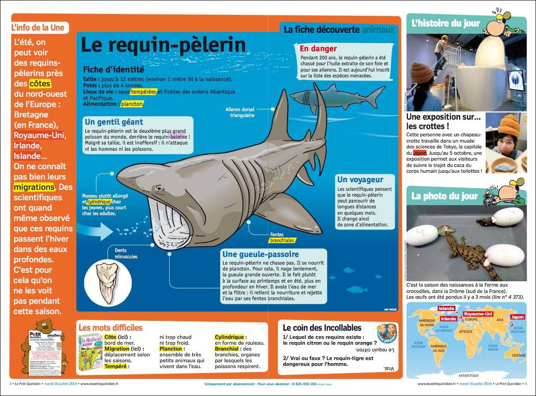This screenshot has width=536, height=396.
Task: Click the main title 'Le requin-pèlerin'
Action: [x=163, y=45]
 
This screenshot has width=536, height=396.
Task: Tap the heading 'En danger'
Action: [x=318, y=49]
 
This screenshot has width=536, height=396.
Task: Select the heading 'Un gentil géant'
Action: [x=114, y=122]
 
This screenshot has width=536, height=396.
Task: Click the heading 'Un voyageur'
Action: [x=360, y=180]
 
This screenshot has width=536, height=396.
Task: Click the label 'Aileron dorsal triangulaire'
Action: [x=240, y=112]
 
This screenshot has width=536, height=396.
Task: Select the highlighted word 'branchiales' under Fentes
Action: [x=282, y=240]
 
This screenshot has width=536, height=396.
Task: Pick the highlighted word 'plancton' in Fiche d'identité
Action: [x=132, y=104]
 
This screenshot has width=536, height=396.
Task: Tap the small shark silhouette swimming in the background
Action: [x=335, y=95]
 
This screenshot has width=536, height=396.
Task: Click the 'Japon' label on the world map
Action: [x=517, y=317]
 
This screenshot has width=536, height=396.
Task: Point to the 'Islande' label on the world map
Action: [x=447, y=309]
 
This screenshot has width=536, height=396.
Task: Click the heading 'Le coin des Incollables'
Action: [x=322, y=328]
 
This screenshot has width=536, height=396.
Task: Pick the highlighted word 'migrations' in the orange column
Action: [x=34, y=187]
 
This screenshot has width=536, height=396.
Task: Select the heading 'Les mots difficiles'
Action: [x=110, y=328]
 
